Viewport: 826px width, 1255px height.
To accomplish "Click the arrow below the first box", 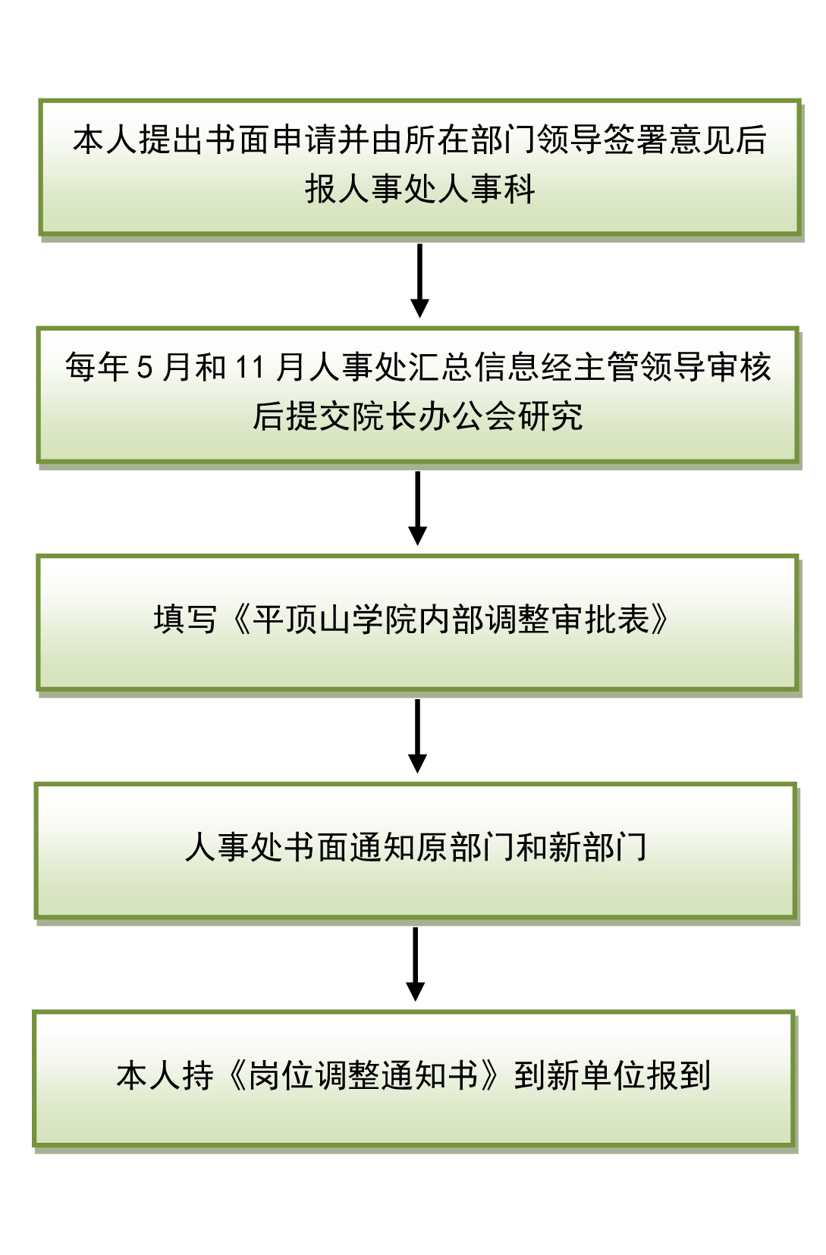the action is pos(419,280).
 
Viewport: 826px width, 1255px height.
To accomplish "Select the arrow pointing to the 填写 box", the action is pos(417,507).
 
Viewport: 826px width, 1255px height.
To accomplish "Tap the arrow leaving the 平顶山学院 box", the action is pos(417,736).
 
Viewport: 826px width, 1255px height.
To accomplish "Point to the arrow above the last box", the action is pos(415,964).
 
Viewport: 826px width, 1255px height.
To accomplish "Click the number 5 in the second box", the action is pos(145,369).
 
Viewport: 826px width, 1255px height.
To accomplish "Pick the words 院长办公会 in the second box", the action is pos(435,416).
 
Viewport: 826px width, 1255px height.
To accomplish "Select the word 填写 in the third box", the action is pos(186,620).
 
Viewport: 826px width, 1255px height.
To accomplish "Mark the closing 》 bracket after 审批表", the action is pos(660,620).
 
